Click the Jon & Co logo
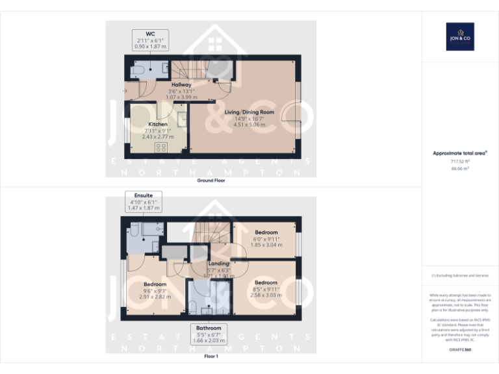tap(460, 36)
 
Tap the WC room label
tap(150, 33)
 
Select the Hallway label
tap(181, 85)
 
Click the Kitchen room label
tap(158, 124)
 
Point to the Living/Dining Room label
tap(249, 112)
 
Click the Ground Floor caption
tap(211, 181)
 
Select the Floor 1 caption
tap(211, 356)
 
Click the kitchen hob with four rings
tap(160, 147)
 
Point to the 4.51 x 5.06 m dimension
tap(249, 125)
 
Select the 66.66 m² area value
tap(460, 168)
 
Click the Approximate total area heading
tap(460, 153)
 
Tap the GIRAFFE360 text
tap(460, 350)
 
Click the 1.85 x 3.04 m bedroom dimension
tap(266, 245)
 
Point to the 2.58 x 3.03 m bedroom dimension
tap(266, 295)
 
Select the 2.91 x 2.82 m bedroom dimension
tap(155, 297)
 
